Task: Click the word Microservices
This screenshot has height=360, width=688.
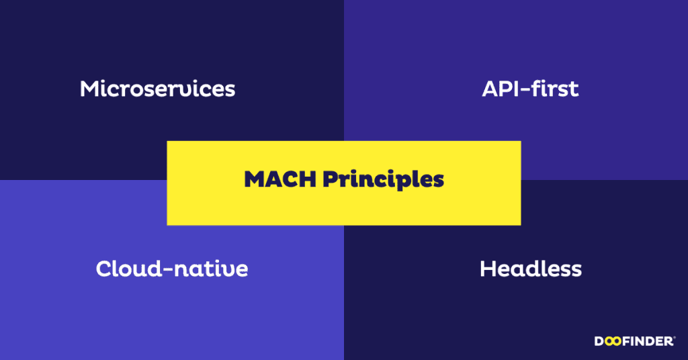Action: [157, 89]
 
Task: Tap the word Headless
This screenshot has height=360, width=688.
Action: [531, 269]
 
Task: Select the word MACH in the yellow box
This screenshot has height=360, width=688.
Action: [280, 179]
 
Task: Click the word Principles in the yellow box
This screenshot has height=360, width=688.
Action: [384, 180]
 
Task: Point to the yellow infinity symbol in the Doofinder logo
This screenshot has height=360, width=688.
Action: [613, 341]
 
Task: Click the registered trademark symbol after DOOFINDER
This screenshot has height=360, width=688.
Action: [674, 338]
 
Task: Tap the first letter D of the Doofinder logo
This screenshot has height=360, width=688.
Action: [599, 341]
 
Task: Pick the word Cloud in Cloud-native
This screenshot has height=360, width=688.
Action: [129, 269]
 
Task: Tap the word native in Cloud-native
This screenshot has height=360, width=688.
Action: [212, 269]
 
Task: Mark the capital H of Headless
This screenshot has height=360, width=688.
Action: [488, 269]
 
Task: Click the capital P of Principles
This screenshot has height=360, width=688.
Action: [331, 179]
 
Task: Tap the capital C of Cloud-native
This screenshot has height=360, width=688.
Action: [104, 269]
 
